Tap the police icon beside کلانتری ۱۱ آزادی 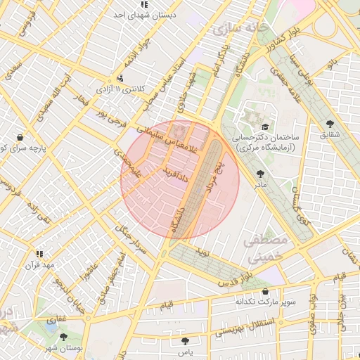(121, 78)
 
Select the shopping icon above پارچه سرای (20, 137)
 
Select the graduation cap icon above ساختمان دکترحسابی (264, 127)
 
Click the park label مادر (260, 184)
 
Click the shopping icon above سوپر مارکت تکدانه (265, 291)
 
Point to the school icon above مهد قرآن (40, 254)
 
